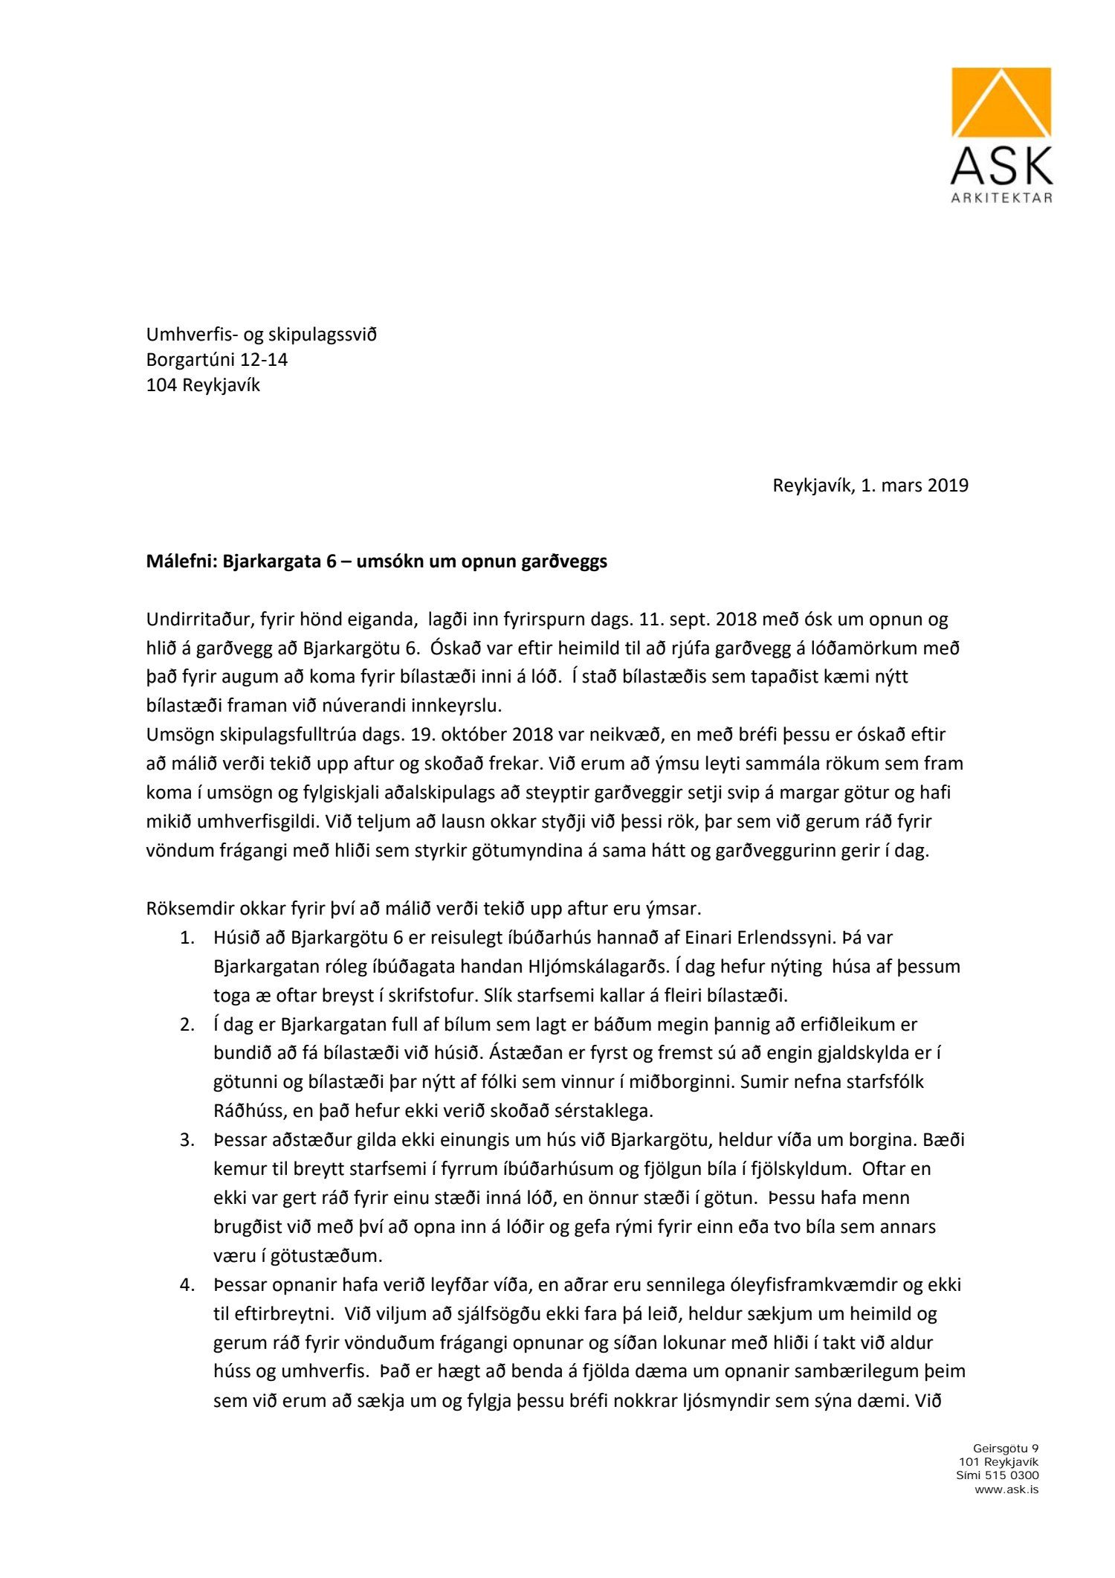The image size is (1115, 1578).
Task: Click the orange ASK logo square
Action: (1001, 103)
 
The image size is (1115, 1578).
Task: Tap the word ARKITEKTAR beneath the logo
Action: (1001, 199)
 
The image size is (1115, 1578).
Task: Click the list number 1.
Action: (187, 938)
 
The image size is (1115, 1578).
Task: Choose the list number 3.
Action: (187, 1140)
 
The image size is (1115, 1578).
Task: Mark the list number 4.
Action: (187, 1284)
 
